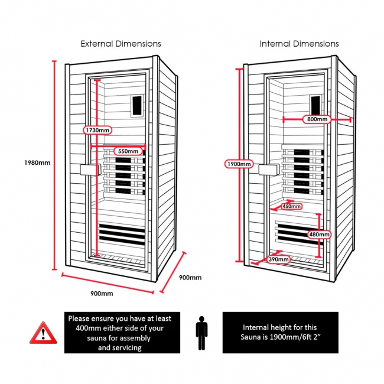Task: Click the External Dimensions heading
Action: coord(121,44)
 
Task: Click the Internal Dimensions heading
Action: coord(299,44)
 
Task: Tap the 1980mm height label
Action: coord(37,163)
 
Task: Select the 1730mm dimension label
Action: coord(96,129)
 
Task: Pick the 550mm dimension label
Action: coord(128,151)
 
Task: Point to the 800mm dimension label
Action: coord(317,119)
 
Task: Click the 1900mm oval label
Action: coord(239,163)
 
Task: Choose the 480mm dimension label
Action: coord(320,235)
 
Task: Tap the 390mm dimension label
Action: coord(279,259)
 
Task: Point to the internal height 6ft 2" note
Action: coord(280,332)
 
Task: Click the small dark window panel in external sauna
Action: coord(138,105)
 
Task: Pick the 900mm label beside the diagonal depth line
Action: coord(190,278)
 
